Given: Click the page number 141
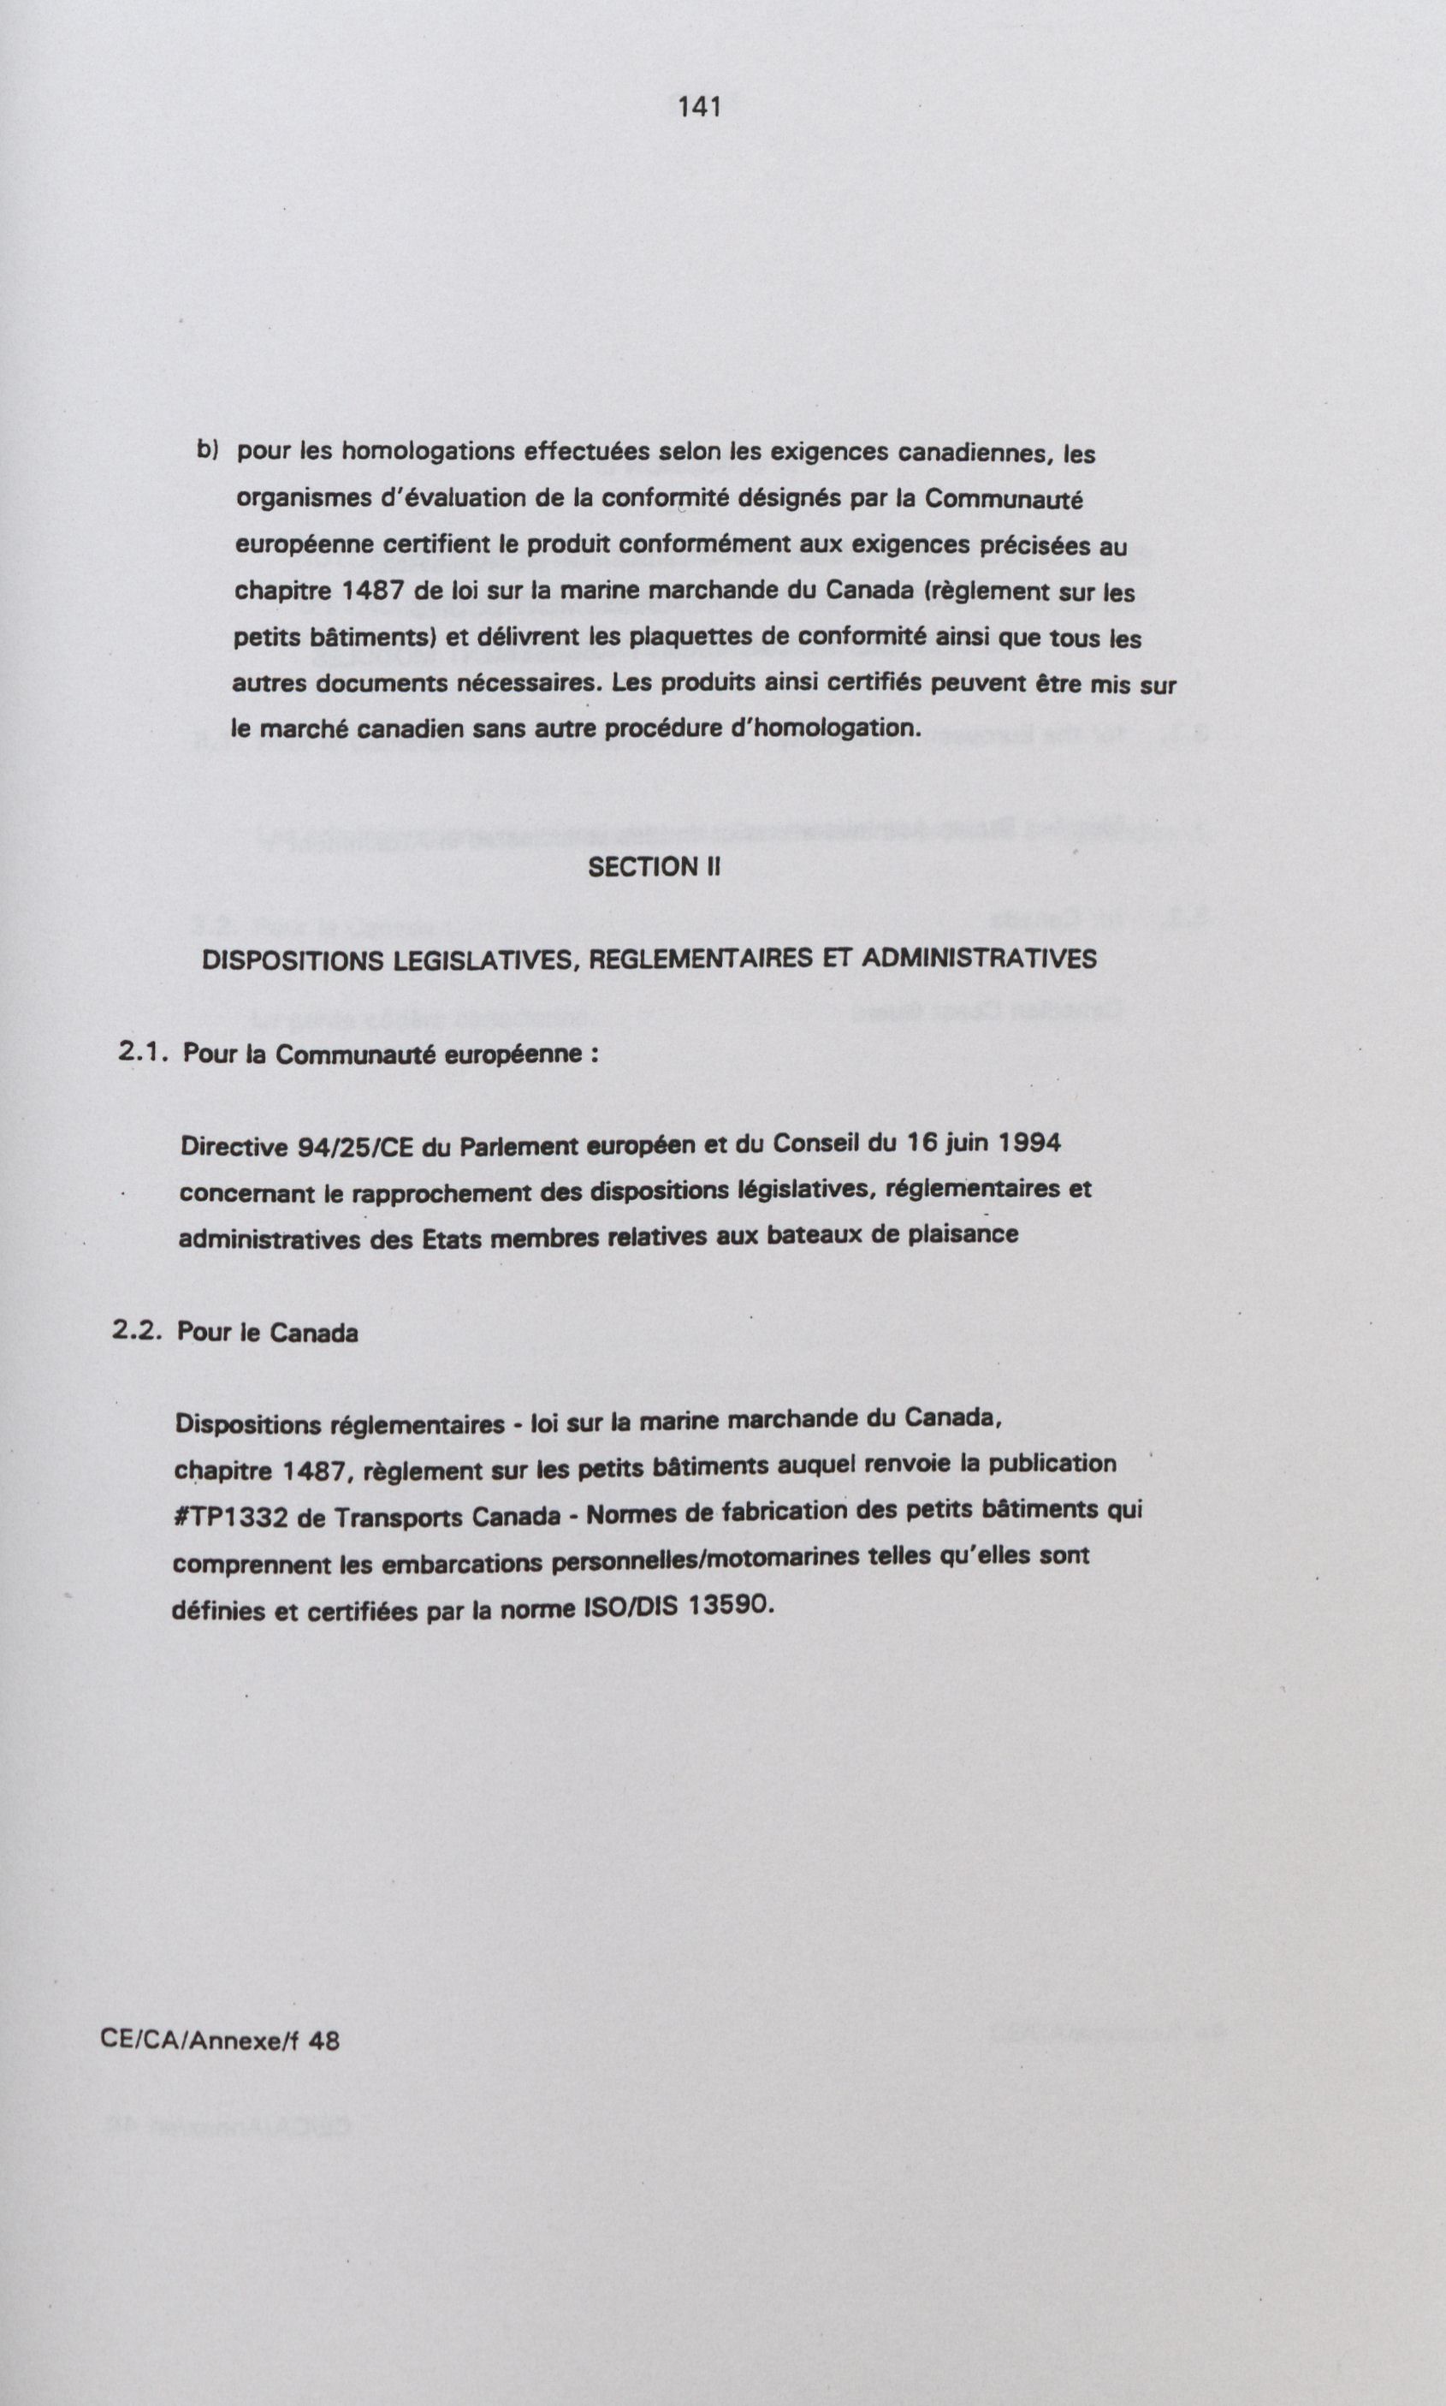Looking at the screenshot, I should tap(700, 107).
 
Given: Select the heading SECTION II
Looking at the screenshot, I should tap(654, 867).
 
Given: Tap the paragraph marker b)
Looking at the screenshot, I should tap(208, 449).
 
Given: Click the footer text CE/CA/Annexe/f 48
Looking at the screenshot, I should tap(220, 2040).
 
